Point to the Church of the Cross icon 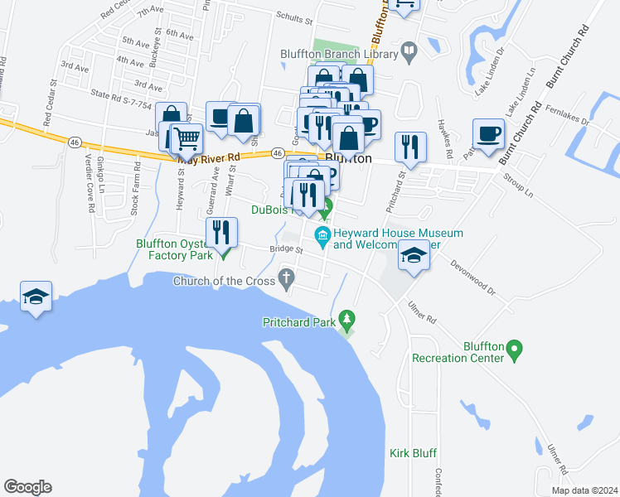[288, 279]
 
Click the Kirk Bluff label [413, 453]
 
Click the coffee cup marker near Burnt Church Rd [488, 133]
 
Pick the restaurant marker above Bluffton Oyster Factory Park [221, 231]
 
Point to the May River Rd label [209, 156]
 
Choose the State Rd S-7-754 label [122, 100]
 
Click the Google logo [27, 487]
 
